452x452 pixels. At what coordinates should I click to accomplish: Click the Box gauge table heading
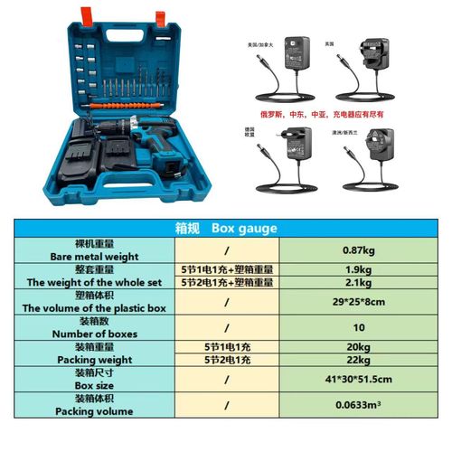[x=226, y=230]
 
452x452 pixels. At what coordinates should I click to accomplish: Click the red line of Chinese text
[x=327, y=115]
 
